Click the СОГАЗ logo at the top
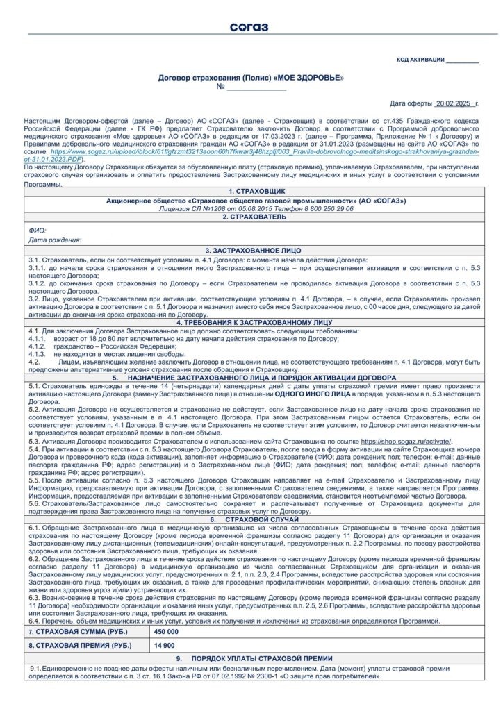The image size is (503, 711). tap(251, 27)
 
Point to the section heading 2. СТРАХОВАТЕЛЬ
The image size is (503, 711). tap(251, 217)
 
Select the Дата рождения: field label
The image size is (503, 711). tap(55, 240)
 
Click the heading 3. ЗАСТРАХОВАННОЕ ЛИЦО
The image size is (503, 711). tap(251, 249)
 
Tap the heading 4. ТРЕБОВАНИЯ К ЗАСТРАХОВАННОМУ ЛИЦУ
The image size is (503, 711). tap(251, 323)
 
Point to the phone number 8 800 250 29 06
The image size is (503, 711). tap(315, 208)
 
